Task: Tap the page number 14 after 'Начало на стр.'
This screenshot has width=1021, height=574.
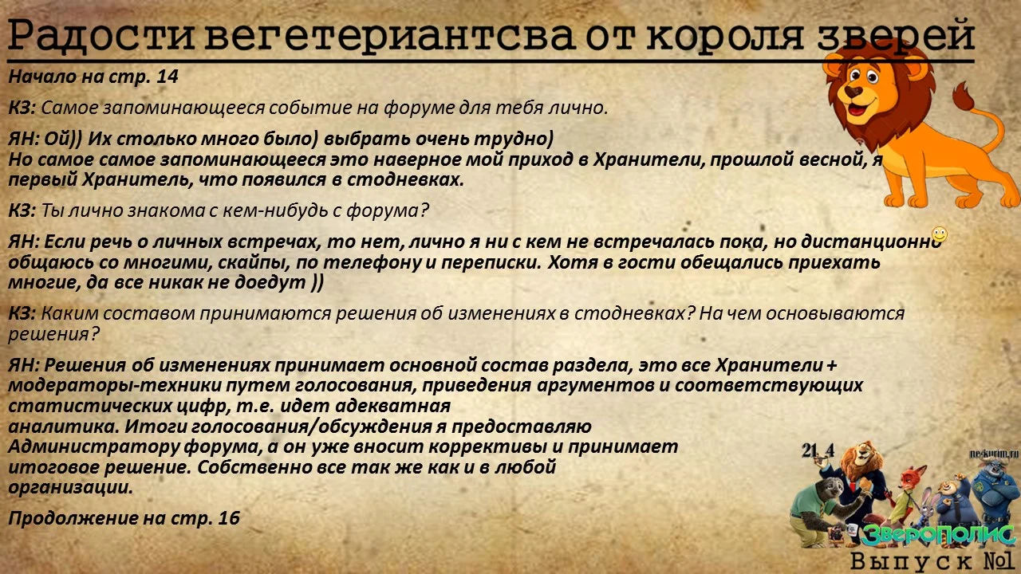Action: pos(168,77)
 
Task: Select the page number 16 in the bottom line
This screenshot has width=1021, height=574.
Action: pos(229,518)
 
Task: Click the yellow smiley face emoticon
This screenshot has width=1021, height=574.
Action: pos(940,234)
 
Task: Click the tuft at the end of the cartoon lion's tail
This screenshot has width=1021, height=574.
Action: pos(964,98)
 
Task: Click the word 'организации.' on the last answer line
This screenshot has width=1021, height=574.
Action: pos(70,486)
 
